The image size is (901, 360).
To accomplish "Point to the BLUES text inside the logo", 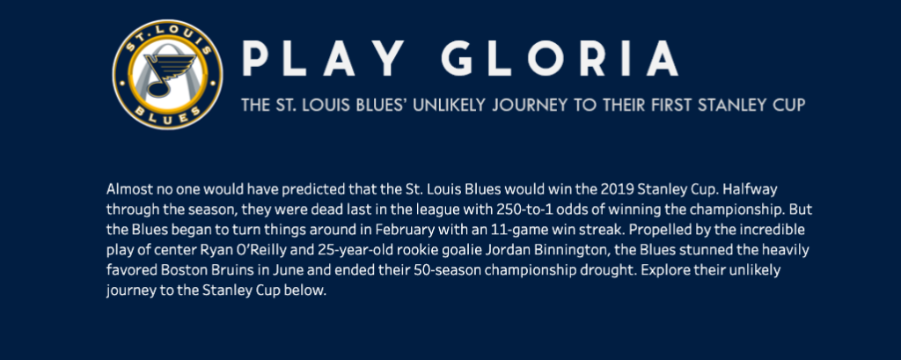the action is click(x=167, y=114).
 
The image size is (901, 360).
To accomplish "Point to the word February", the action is click(x=403, y=230).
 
